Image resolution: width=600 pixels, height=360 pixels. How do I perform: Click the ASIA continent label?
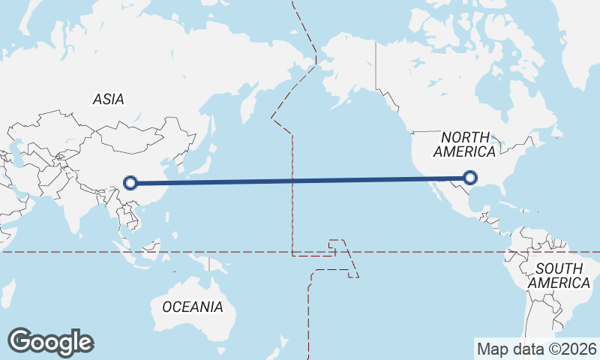point(109,99)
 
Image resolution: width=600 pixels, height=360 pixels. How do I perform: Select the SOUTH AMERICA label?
point(559,275)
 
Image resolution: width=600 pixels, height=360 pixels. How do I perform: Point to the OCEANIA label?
point(193,307)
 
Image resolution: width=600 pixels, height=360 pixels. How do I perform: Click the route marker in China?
point(130,182)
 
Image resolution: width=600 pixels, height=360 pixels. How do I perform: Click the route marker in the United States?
point(470,178)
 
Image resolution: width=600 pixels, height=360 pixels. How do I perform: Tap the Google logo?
point(50,342)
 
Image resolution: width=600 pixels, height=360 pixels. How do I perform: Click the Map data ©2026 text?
point(537,349)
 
